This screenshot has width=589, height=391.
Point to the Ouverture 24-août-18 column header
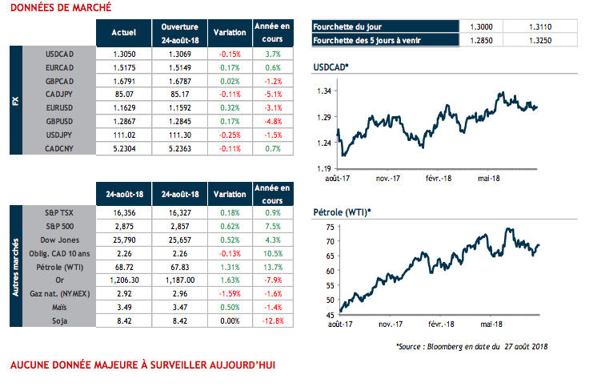tap(179, 32)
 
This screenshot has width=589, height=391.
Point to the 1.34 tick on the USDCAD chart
tap(323, 92)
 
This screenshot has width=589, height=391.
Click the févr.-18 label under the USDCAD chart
tap(438, 177)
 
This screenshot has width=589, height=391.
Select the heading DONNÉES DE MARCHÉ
tap(56, 7)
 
